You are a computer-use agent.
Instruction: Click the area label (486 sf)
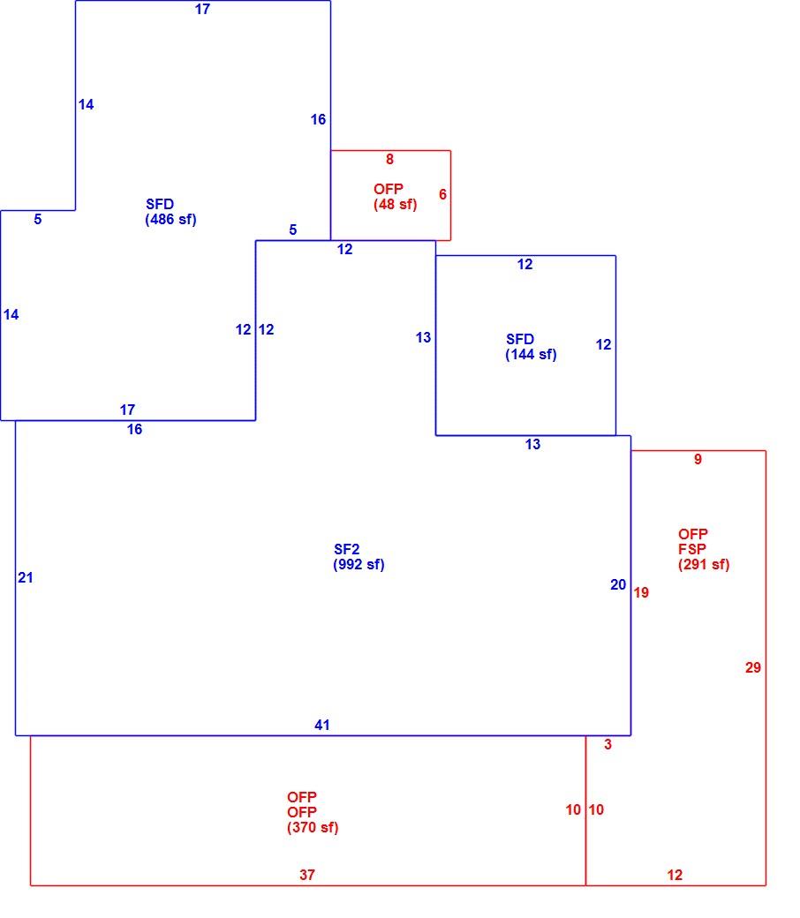[170, 220]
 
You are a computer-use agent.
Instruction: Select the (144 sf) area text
[531, 354]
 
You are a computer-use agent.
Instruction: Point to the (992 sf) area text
[358, 564]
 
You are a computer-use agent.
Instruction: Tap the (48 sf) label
[396, 204]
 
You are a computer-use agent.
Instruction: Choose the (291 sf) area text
[704, 564]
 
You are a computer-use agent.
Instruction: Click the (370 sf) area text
[313, 827]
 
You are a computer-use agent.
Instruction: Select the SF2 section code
[347, 549]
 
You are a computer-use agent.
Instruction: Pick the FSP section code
[692, 549]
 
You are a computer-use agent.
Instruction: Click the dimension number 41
[322, 725]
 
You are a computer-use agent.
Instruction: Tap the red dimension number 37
[307, 875]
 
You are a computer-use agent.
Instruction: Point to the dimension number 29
[753, 667]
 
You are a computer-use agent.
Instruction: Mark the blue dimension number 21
[26, 578]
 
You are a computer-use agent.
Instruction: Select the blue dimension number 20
[618, 585]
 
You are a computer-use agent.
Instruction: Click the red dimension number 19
[641, 592]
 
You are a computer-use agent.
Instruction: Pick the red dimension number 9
[698, 459]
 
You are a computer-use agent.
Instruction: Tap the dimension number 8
[389, 159]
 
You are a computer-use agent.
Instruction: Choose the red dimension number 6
[442, 194]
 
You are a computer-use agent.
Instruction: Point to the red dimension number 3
[608, 744]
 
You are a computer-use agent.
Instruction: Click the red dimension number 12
[675, 875]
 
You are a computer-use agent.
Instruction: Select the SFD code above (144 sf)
[520, 339]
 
